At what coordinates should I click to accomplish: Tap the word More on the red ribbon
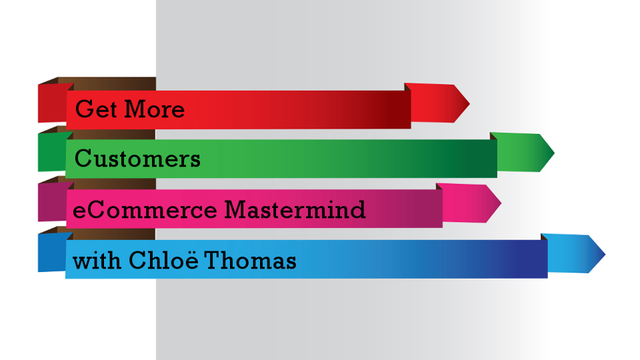tap(154, 109)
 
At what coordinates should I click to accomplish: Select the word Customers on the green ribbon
tap(137, 159)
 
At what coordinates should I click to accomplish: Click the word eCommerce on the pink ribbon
tap(145, 210)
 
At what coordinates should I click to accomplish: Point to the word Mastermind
tap(295, 210)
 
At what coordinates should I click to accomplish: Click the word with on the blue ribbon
tap(97, 261)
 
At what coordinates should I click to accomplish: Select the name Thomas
tap(250, 261)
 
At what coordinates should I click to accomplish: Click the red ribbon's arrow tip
tap(470, 103)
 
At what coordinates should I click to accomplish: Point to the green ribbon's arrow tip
tap(554, 153)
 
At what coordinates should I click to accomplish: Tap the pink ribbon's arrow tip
tap(501, 203)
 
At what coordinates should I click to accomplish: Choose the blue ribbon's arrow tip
tap(605, 255)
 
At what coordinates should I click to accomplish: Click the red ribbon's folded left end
tap(52, 103)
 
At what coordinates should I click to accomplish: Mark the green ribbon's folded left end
tap(52, 152)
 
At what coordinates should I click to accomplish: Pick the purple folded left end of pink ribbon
tap(52, 202)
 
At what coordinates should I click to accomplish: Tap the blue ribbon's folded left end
tap(52, 252)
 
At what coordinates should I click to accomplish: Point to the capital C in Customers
tap(84, 159)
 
